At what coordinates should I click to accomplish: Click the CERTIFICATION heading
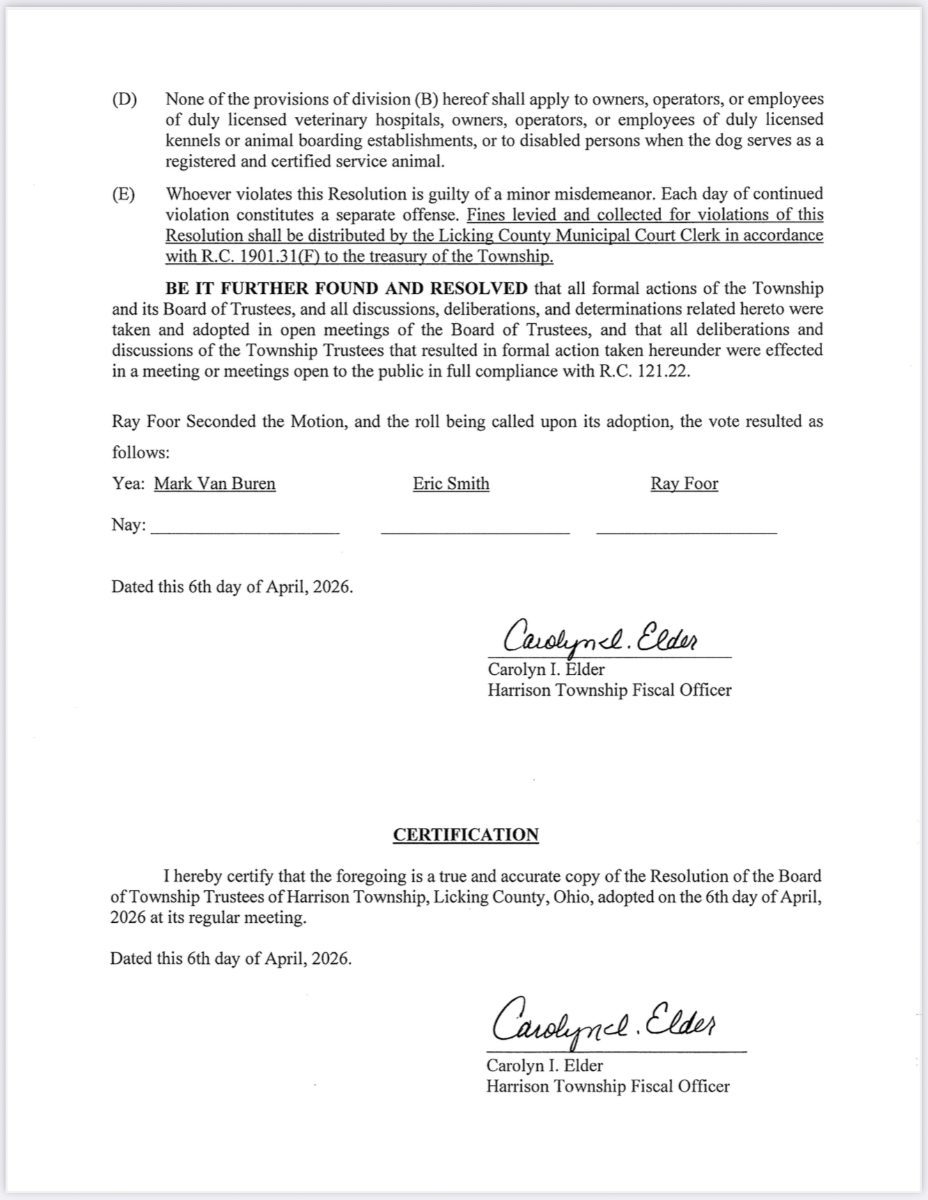(465, 834)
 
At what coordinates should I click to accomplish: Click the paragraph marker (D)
(125, 99)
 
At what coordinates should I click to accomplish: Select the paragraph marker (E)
(124, 194)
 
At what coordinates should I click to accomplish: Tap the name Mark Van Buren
(215, 483)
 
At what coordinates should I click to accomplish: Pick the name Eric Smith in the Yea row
(451, 483)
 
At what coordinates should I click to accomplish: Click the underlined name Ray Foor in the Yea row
(684, 483)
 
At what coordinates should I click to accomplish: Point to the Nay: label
(129, 524)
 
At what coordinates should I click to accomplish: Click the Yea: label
(129, 483)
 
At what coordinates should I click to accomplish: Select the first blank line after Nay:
(245, 531)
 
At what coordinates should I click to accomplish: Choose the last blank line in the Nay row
(686, 531)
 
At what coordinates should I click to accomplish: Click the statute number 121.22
(665, 371)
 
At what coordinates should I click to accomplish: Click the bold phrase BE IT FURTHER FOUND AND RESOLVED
(346, 288)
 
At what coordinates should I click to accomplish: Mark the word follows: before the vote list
(141, 453)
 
